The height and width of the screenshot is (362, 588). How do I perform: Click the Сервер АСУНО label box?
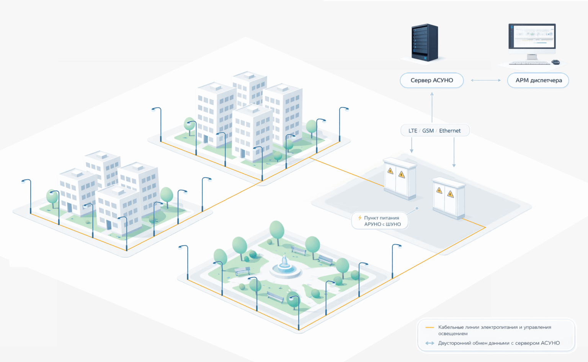click(x=431, y=81)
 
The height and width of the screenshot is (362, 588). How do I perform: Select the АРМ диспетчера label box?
click(x=538, y=81)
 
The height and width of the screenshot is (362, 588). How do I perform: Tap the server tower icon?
click(x=425, y=43)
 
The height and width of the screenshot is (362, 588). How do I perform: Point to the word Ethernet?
click(x=450, y=131)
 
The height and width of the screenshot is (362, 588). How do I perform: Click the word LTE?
click(x=413, y=131)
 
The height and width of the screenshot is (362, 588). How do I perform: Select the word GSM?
click(x=428, y=131)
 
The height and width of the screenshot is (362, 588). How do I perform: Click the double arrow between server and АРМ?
click(x=485, y=81)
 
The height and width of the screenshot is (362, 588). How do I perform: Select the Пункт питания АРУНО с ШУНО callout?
click(x=380, y=221)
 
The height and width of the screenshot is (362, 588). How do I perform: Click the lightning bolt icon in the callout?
click(x=360, y=218)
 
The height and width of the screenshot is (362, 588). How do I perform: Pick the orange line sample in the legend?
click(x=430, y=327)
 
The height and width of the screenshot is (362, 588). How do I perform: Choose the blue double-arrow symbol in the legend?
click(x=430, y=343)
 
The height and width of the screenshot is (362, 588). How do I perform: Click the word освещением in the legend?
click(x=453, y=334)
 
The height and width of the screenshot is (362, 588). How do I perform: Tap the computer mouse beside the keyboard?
click(x=555, y=62)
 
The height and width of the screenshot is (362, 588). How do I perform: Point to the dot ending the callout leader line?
click(x=417, y=208)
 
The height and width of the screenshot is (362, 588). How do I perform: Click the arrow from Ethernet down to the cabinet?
click(x=454, y=152)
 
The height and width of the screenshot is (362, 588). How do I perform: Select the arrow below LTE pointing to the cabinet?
click(x=412, y=145)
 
